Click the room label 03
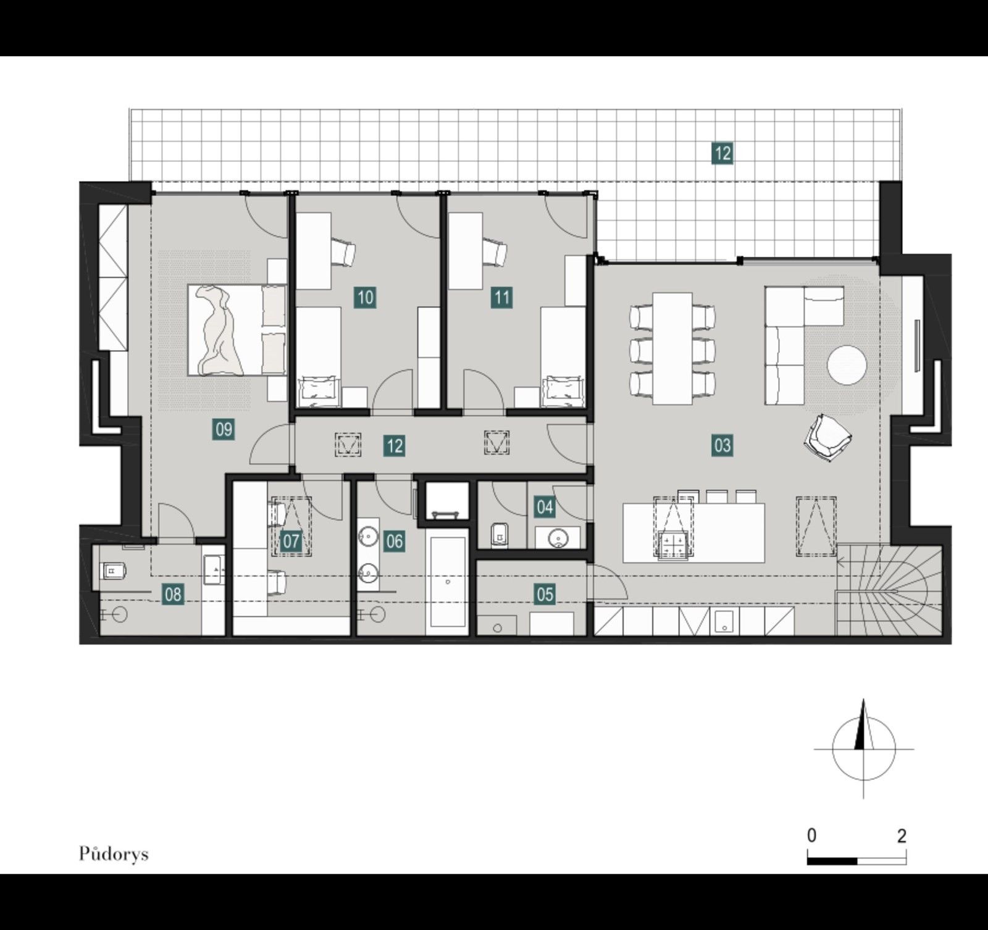click(722, 445)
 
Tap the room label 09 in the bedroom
click(224, 429)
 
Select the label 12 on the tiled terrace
click(722, 153)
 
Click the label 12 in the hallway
click(394, 446)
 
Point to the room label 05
click(545, 595)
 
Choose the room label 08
click(173, 595)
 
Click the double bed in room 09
click(237, 330)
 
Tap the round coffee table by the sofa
click(847, 365)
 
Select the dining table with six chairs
click(672, 348)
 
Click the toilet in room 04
click(498, 534)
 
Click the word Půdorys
click(114, 854)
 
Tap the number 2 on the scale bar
click(902, 836)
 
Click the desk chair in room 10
click(343, 253)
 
